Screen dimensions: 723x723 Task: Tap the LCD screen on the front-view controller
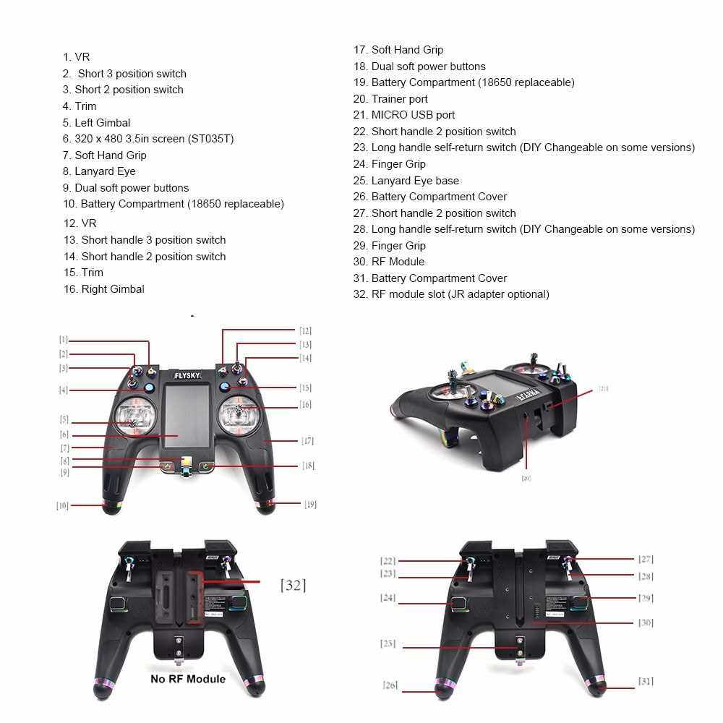(x=186, y=419)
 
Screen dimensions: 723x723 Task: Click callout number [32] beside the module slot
(x=293, y=585)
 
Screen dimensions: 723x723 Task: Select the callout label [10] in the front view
(x=62, y=505)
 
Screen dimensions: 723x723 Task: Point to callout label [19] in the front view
(x=310, y=504)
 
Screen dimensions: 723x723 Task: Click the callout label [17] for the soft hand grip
(x=308, y=440)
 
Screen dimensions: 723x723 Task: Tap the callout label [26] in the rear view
(x=390, y=685)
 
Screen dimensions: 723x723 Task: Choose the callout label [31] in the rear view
(x=646, y=681)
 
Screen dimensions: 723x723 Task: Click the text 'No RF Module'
(x=188, y=679)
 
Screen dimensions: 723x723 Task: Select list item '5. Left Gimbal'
(x=96, y=123)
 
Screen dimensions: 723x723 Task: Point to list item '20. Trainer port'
(x=390, y=99)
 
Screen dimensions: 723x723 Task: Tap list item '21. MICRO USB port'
(x=404, y=115)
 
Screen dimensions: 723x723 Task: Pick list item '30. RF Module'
(x=389, y=262)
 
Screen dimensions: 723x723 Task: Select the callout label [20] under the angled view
(x=526, y=478)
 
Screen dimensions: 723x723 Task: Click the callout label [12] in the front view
(x=305, y=330)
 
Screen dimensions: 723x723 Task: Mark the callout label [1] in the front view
(x=64, y=339)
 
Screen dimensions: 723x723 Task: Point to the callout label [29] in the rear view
(x=646, y=598)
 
